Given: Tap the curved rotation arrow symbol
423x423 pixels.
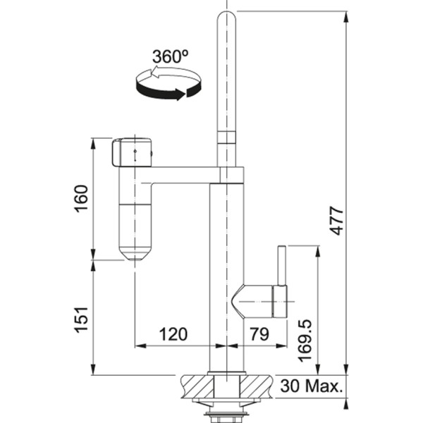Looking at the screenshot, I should pos(168,83).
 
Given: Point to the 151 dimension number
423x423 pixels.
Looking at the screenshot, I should pos(82,320).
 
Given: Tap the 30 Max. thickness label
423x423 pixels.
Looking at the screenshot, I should pos(311,386).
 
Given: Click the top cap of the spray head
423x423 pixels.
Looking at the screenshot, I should pos(132,152).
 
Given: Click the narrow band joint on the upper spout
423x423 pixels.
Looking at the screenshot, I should pos(227,137).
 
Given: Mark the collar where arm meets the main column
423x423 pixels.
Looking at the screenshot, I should pos(231,176).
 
